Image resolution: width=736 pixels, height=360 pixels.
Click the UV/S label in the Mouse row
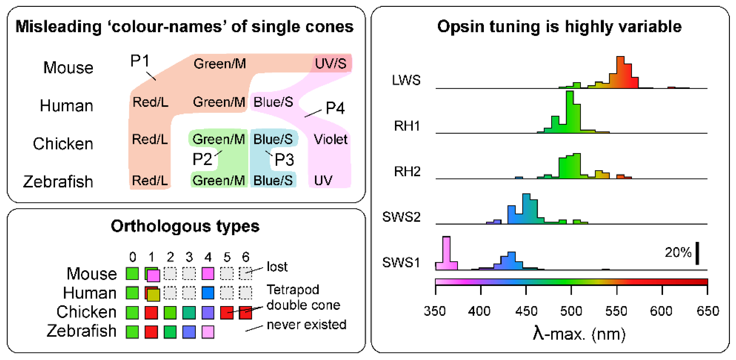pos(331,64)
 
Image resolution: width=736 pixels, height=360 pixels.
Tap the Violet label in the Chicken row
pos(331,139)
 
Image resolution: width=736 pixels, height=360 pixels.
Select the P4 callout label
pos(335,108)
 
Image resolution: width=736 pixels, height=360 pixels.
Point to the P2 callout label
pos(202,159)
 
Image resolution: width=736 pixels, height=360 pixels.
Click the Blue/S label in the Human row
pos(273,102)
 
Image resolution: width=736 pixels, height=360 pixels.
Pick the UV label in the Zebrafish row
pos(323,181)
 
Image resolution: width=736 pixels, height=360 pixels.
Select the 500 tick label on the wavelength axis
pos(571,311)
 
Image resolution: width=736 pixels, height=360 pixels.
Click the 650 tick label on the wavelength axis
pos(708,311)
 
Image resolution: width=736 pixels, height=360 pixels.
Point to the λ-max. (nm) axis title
pos(579,334)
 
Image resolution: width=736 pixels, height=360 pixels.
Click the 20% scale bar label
pos(678,252)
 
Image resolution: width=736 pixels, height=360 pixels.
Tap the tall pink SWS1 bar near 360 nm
pos(446,253)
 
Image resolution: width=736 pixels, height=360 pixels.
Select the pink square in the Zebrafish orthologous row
pos(208,332)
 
